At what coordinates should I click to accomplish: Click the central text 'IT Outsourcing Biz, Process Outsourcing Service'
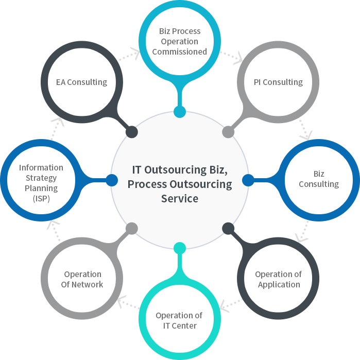point(180,184)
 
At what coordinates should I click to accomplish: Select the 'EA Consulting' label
point(81,82)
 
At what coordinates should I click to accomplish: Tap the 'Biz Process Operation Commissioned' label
point(179,41)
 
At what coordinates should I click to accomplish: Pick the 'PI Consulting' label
point(278,82)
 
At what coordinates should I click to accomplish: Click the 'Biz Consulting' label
point(319,179)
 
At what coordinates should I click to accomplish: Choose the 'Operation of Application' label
point(279,279)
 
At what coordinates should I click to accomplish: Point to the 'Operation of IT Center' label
point(179,320)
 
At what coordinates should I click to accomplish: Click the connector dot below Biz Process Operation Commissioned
point(180,112)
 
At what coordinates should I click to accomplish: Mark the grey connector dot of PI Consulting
point(228,132)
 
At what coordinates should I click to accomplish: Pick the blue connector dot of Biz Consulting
point(248,180)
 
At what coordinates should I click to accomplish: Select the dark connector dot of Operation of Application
point(228,228)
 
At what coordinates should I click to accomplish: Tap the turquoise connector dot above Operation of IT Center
point(180,248)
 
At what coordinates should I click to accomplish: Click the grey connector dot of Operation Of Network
point(132,228)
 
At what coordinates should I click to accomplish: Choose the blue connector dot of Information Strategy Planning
point(112,180)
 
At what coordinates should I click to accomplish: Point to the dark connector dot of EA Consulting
point(132,132)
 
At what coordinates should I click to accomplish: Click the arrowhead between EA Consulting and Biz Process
point(135,53)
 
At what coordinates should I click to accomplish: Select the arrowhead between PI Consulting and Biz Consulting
point(305,135)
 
